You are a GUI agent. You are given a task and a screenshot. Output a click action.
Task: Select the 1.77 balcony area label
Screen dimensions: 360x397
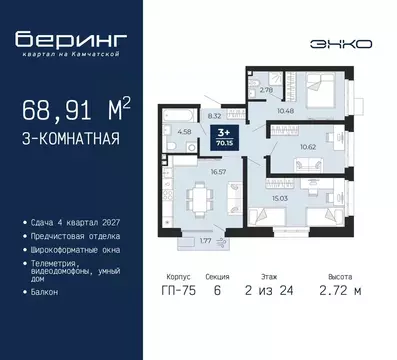click(205, 240)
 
